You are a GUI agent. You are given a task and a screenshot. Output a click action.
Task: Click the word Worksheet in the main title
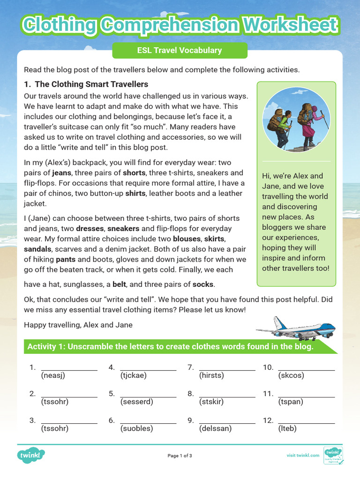coord(287,25)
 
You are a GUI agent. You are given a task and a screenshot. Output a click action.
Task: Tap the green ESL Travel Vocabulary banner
coord(180,51)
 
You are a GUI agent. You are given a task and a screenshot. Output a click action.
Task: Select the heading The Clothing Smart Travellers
coord(86,84)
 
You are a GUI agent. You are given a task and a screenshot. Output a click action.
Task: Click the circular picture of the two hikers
coord(296,120)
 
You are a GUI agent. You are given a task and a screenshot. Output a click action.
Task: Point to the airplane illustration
coord(297,328)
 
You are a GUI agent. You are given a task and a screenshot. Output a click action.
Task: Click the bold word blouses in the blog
coord(187,239)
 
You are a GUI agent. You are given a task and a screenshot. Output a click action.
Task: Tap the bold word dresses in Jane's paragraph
coord(90,229)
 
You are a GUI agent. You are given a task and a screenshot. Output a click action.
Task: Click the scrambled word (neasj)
coord(53,375)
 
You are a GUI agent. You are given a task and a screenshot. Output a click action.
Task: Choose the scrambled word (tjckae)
coord(134,375)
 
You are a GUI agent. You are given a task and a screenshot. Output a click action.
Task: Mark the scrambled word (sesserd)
coord(136,402)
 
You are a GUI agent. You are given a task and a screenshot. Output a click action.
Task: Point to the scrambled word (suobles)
coord(136,429)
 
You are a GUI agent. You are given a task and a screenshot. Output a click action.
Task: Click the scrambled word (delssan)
coord(215,429)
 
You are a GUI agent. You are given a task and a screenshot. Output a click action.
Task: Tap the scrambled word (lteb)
coord(287,429)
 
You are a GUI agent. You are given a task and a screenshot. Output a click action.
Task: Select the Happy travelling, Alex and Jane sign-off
coord(78,325)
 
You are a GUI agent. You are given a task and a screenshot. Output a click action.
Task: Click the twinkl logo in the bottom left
coord(31,455)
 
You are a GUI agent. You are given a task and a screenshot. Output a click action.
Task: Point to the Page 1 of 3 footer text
coord(180,456)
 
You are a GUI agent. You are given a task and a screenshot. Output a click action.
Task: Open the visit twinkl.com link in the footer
coord(303,455)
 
